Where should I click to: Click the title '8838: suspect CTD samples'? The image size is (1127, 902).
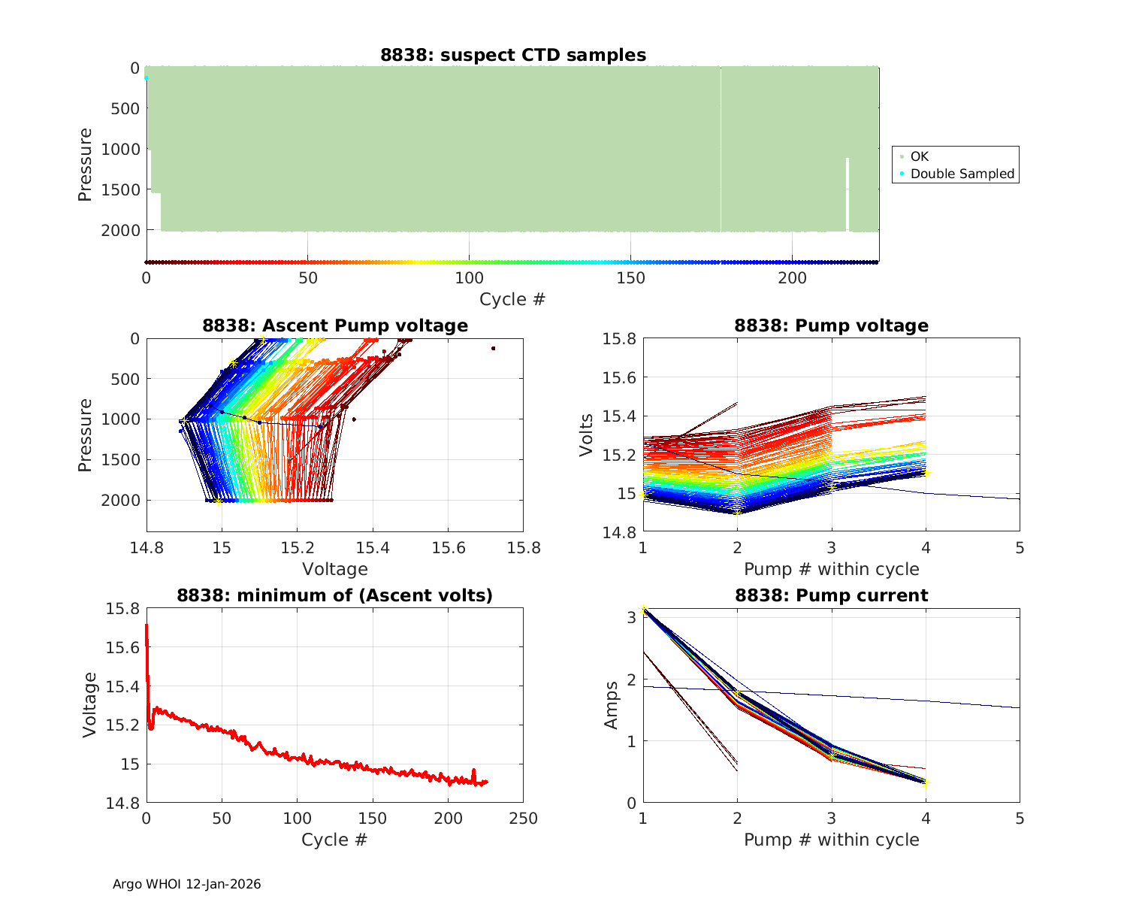click(x=512, y=55)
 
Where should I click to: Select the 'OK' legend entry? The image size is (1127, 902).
click(x=919, y=156)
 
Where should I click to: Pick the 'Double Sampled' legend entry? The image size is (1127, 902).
click(x=962, y=174)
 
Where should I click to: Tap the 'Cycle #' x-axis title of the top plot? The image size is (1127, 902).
click(x=512, y=299)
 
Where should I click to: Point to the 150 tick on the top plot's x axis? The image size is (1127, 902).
click(x=630, y=278)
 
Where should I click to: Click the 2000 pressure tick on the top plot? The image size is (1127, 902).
click(x=120, y=230)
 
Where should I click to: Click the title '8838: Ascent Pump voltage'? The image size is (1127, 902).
click(x=335, y=325)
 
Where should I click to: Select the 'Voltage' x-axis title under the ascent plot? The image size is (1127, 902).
click(x=335, y=569)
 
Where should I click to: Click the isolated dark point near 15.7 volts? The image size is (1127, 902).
click(x=493, y=348)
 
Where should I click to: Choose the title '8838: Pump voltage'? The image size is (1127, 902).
click(x=831, y=325)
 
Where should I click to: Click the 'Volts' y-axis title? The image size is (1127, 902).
click(x=587, y=434)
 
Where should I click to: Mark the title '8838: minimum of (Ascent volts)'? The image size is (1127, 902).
click(x=335, y=595)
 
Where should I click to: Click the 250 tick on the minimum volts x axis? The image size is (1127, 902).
click(x=523, y=818)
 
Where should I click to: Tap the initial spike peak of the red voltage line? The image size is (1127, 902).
click(x=147, y=625)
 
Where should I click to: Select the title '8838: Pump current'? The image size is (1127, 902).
click(x=831, y=595)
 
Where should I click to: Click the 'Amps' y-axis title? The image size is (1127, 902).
click(x=612, y=704)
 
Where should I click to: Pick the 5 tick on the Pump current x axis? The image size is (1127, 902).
click(x=1020, y=818)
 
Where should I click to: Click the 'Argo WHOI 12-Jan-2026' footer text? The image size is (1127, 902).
click(x=187, y=884)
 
